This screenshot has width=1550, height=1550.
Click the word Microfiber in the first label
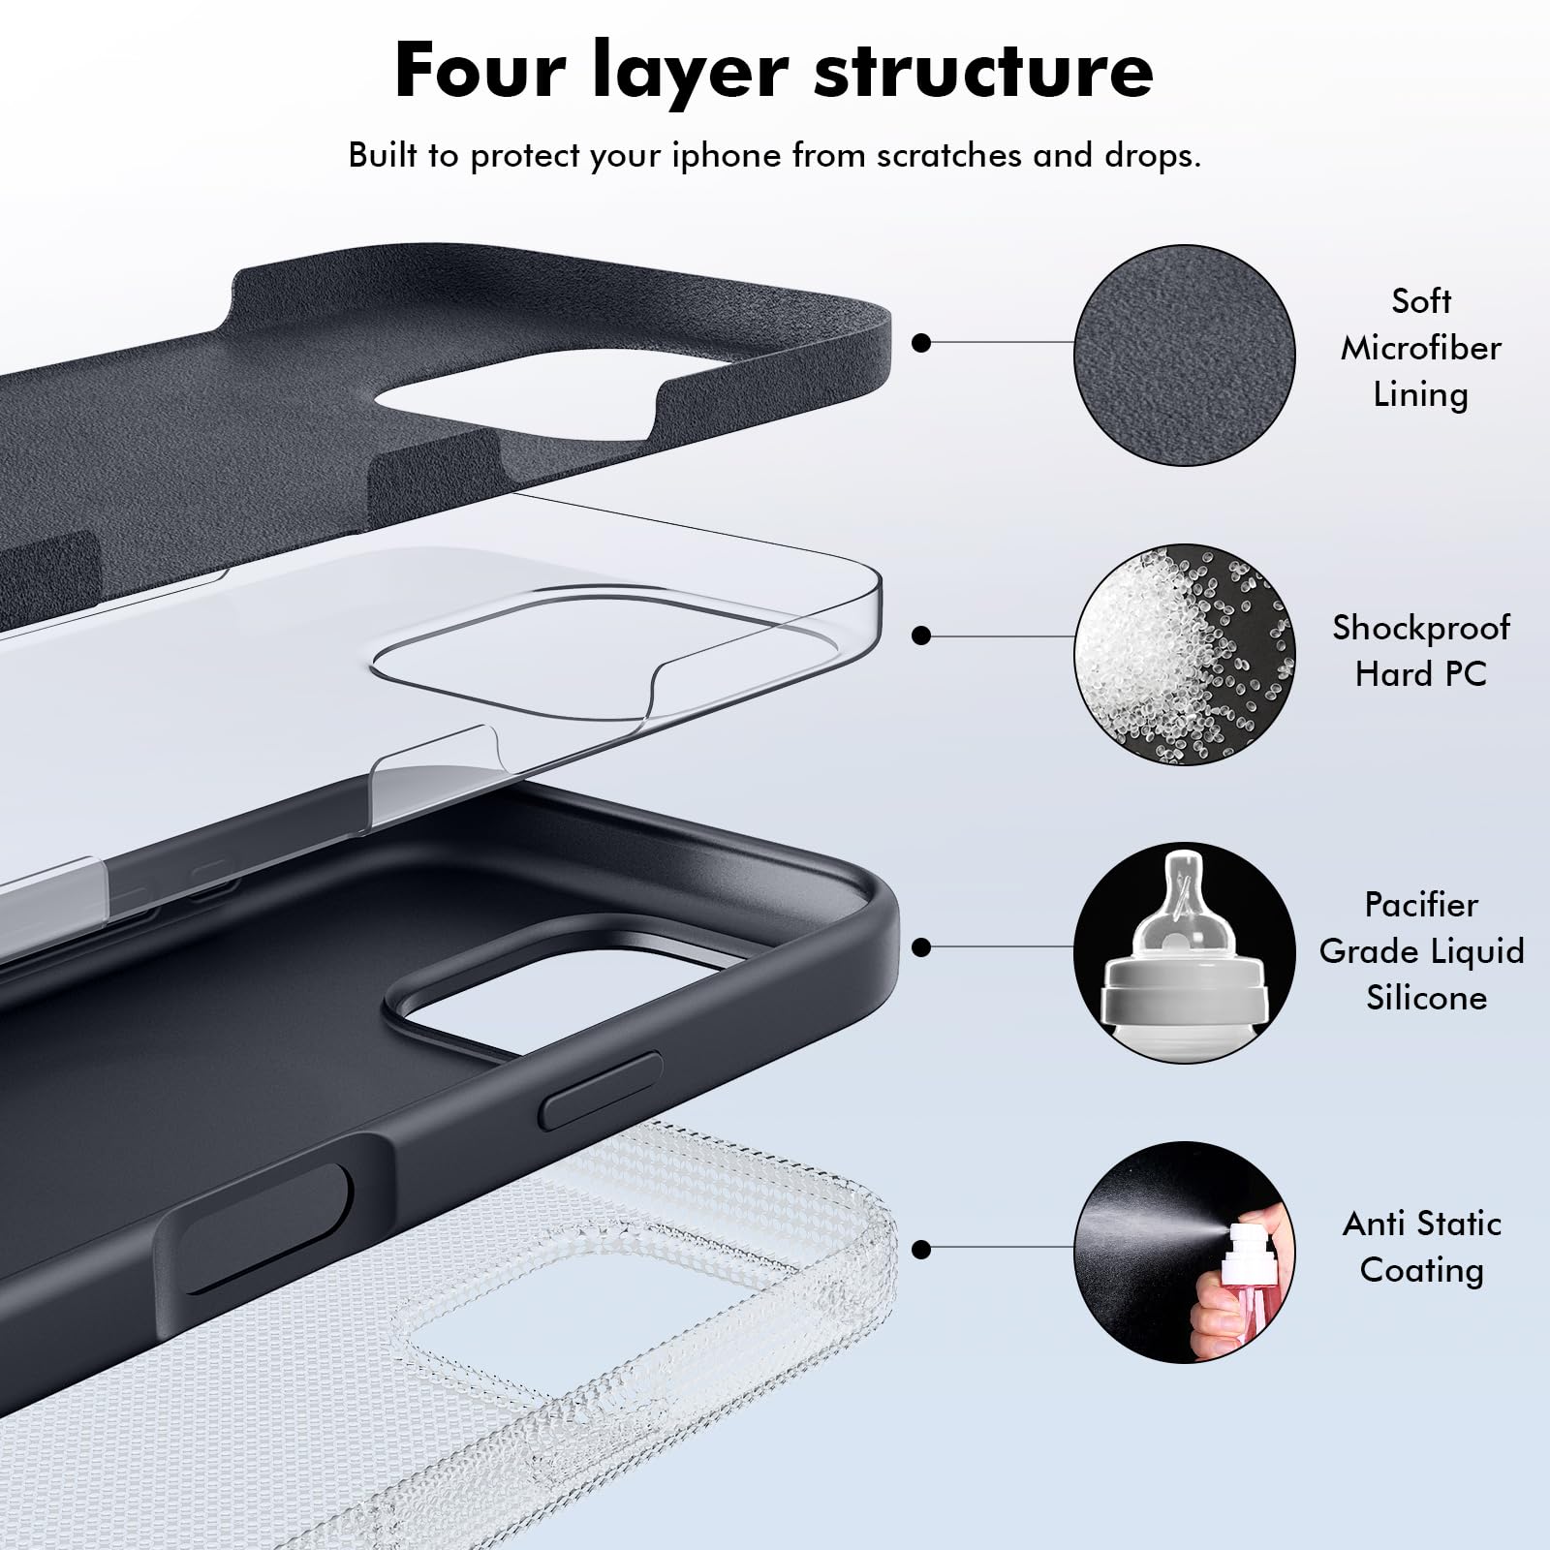[x=1420, y=348]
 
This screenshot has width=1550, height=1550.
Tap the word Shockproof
[x=1420, y=628]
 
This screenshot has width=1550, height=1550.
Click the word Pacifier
[x=1420, y=905]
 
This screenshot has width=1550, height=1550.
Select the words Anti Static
[x=1420, y=1224]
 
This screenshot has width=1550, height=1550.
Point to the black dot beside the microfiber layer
[x=921, y=342]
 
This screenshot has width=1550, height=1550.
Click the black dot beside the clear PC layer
[x=921, y=635]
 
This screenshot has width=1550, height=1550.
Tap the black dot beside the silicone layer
[x=921, y=946]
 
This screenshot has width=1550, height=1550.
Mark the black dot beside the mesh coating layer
[x=921, y=1250]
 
